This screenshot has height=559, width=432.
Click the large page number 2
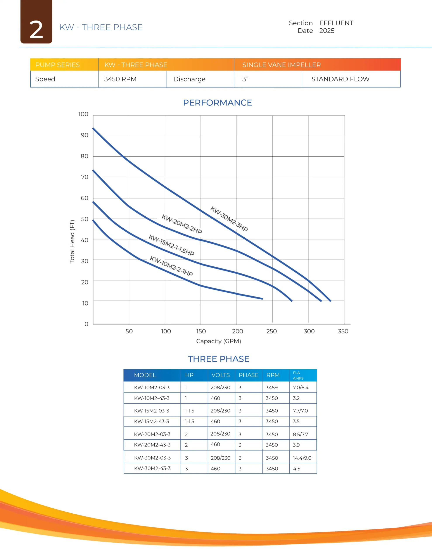coord(36,30)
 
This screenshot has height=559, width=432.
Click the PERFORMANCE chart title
coord(217,103)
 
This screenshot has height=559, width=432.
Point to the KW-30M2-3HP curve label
coord(229,219)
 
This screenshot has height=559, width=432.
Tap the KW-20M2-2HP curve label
coord(181,224)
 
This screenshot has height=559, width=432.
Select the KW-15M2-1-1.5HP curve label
coord(171,245)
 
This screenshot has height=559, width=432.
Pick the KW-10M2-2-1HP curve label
coord(171,266)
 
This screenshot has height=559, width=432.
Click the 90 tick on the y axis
coord(85,135)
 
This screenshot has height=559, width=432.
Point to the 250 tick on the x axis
coord(271,331)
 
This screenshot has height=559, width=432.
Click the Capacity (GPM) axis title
coord(218,341)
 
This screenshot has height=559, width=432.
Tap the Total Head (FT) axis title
coord(72,242)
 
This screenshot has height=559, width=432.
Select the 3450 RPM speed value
coord(120,79)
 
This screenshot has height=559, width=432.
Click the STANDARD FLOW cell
coord(340,79)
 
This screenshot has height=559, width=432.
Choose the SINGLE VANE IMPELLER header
coord(282,65)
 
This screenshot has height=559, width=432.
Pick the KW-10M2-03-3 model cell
coord(152,388)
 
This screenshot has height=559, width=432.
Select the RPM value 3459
coord(271,388)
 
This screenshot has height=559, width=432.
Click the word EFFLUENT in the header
coord(336,23)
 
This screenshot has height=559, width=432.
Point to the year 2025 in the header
coord(327,31)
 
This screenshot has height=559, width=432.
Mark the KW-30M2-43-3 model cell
coord(152,468)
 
